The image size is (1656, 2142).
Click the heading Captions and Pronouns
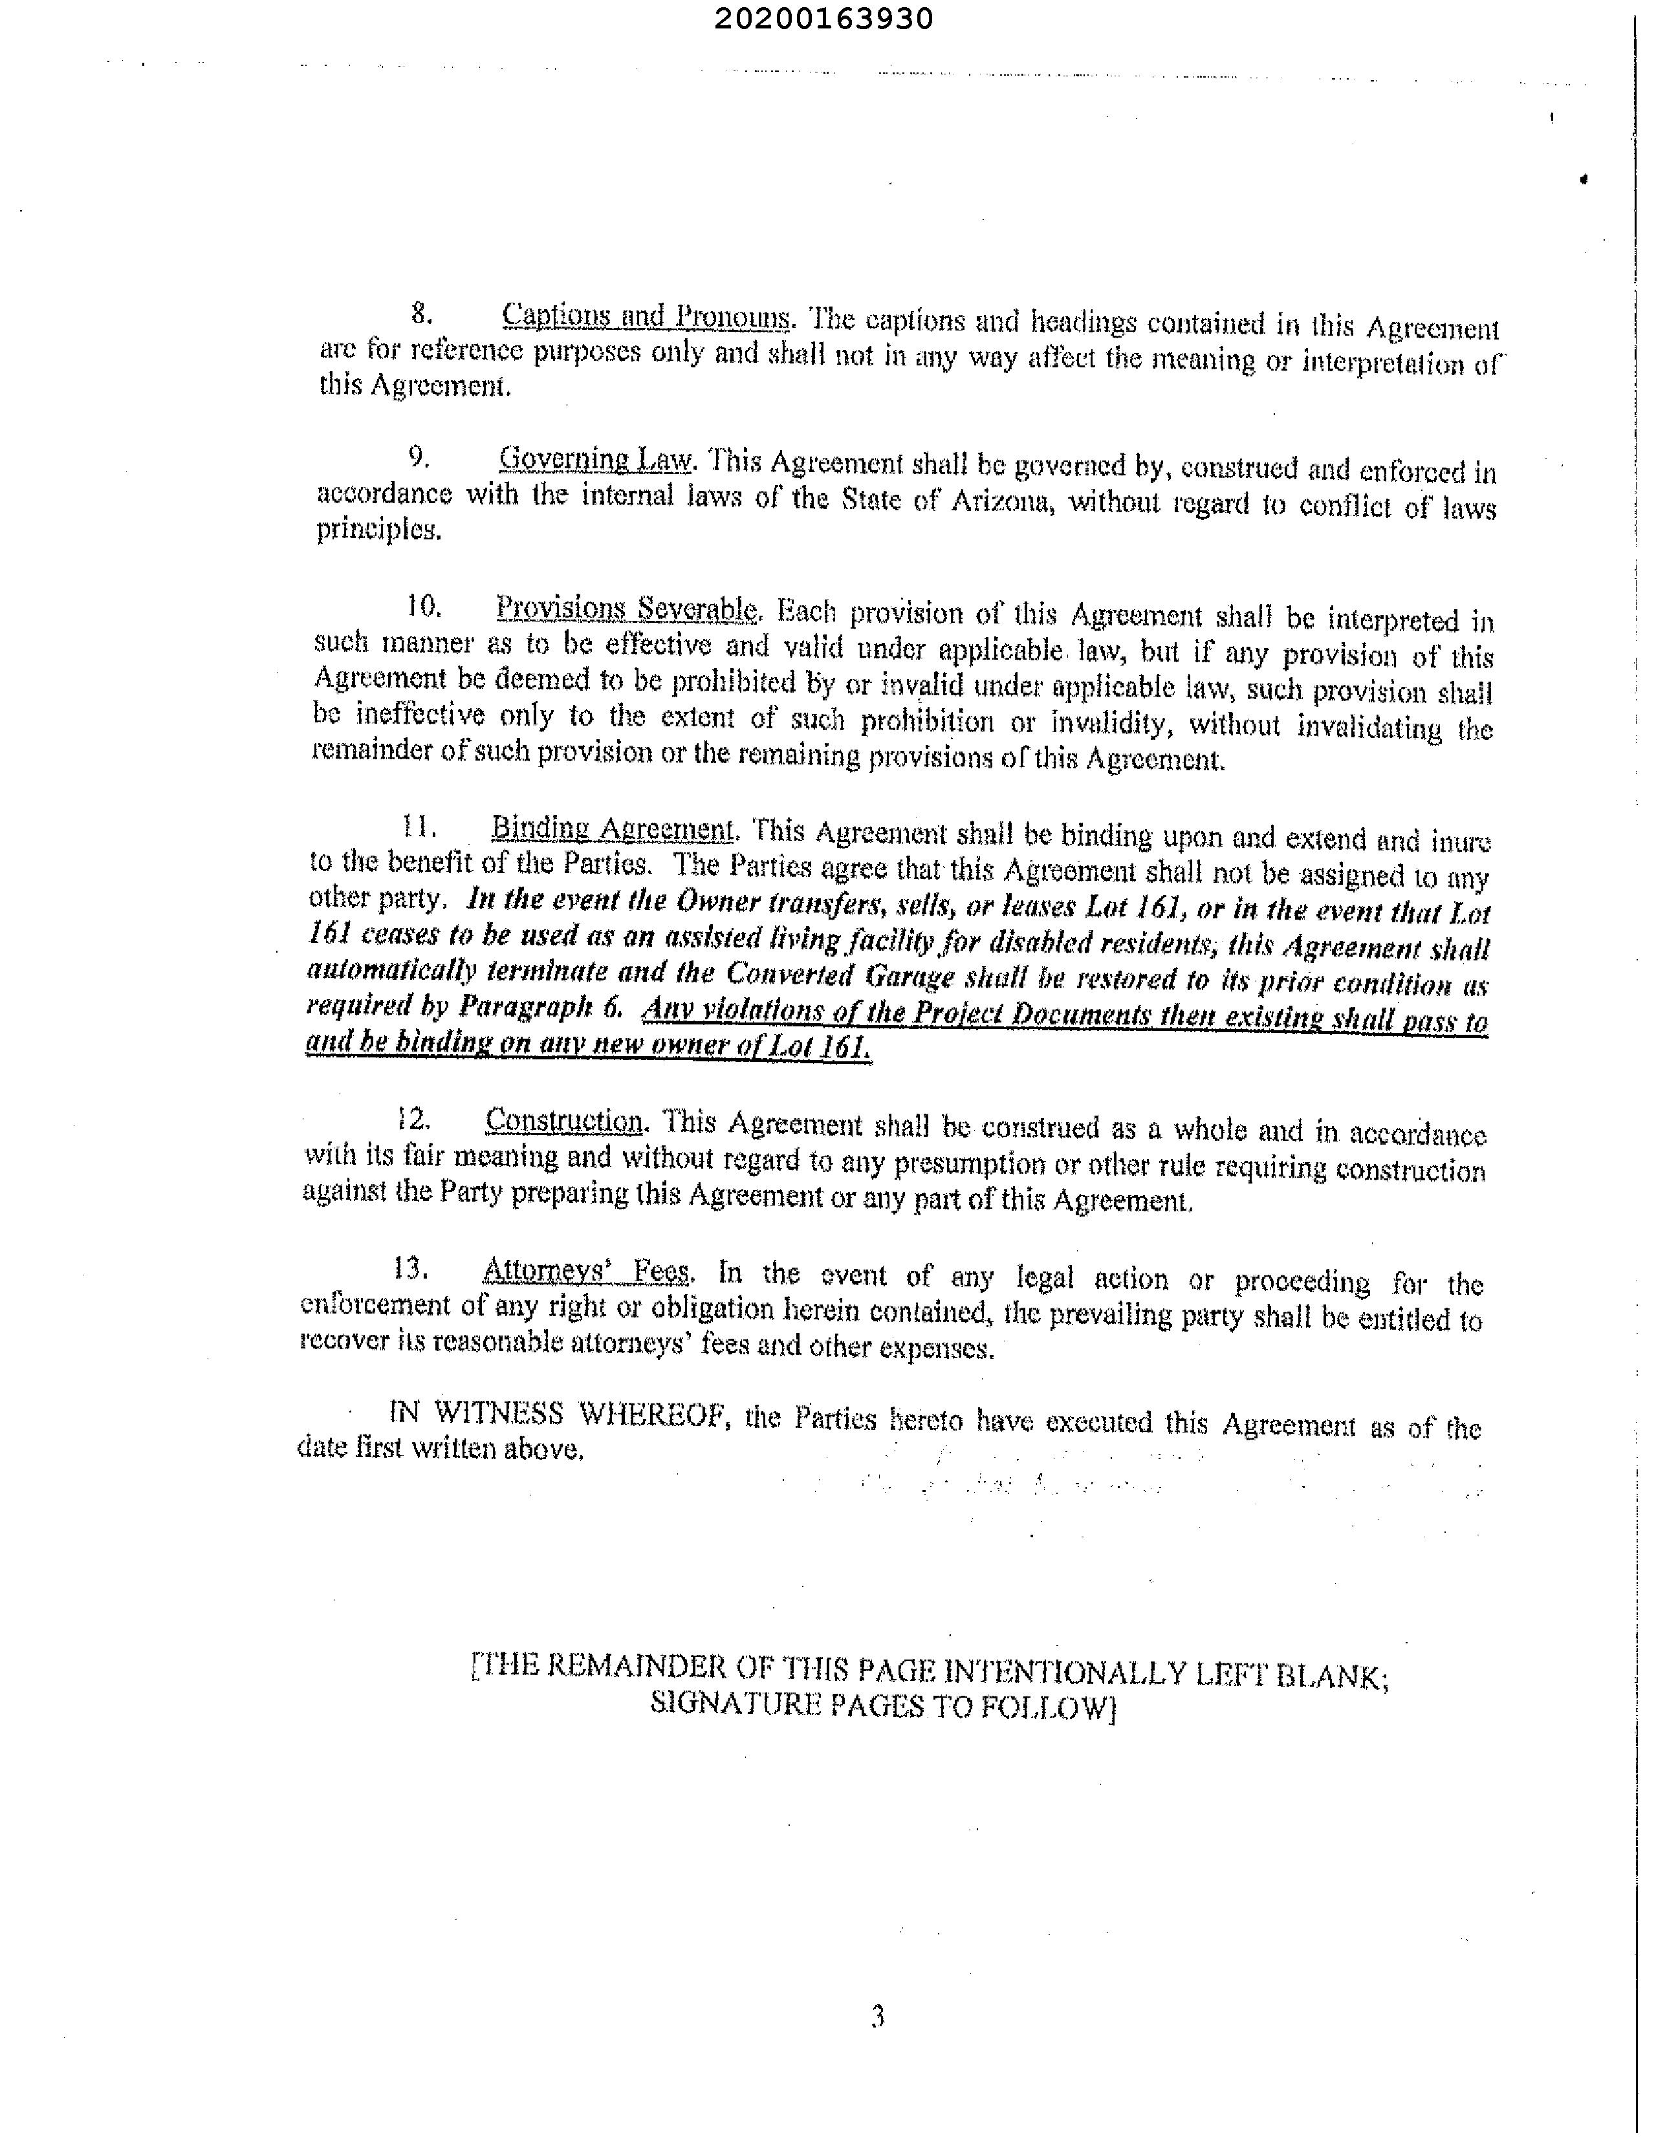point(646,317)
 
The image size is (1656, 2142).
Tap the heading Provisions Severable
point(626,609)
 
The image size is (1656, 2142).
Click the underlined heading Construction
point(564,1120)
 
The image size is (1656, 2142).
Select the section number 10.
point(424,606)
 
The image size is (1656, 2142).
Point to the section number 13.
point(410,1268)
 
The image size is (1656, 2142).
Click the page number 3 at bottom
point(877,2017)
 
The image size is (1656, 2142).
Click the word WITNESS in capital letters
point(498,1413)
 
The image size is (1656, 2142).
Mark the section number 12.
point(413,1118)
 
